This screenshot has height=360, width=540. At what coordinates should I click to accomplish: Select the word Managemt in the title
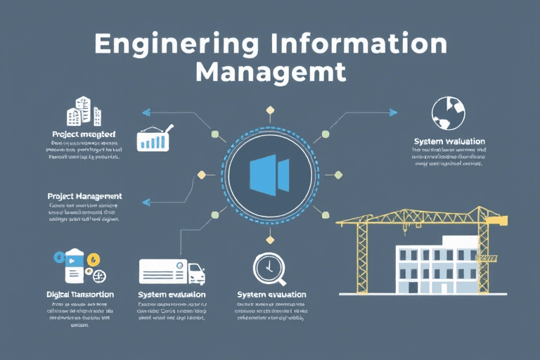click(x=271, y=72)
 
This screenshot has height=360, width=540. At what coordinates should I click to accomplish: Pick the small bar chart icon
click(x=153, y=139)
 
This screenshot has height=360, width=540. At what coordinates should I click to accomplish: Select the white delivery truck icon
click(x=172, y=271)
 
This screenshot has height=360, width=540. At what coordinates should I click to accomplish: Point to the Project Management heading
click(x=84, y=196)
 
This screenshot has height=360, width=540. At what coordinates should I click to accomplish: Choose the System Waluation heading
click(x=450, y=142)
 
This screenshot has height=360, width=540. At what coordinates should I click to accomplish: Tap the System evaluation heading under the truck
click(x=172, y=294)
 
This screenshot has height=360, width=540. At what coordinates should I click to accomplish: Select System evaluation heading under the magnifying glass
click(x=271, y=294)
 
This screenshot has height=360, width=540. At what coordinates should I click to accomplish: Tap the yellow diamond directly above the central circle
click(x=269, y=110)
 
